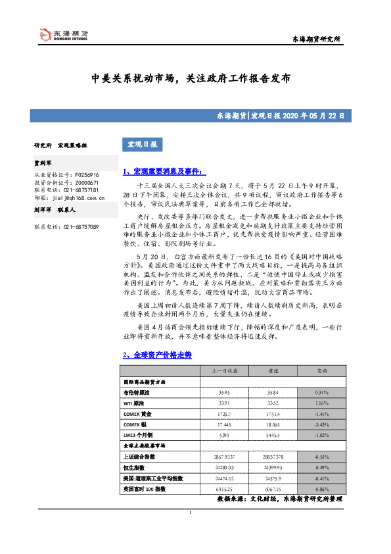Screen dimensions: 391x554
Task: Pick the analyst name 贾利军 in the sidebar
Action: click(43, 161)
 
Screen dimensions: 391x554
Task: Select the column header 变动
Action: click(322, 371)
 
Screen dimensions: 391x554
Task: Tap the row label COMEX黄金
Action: click(137, 414)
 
